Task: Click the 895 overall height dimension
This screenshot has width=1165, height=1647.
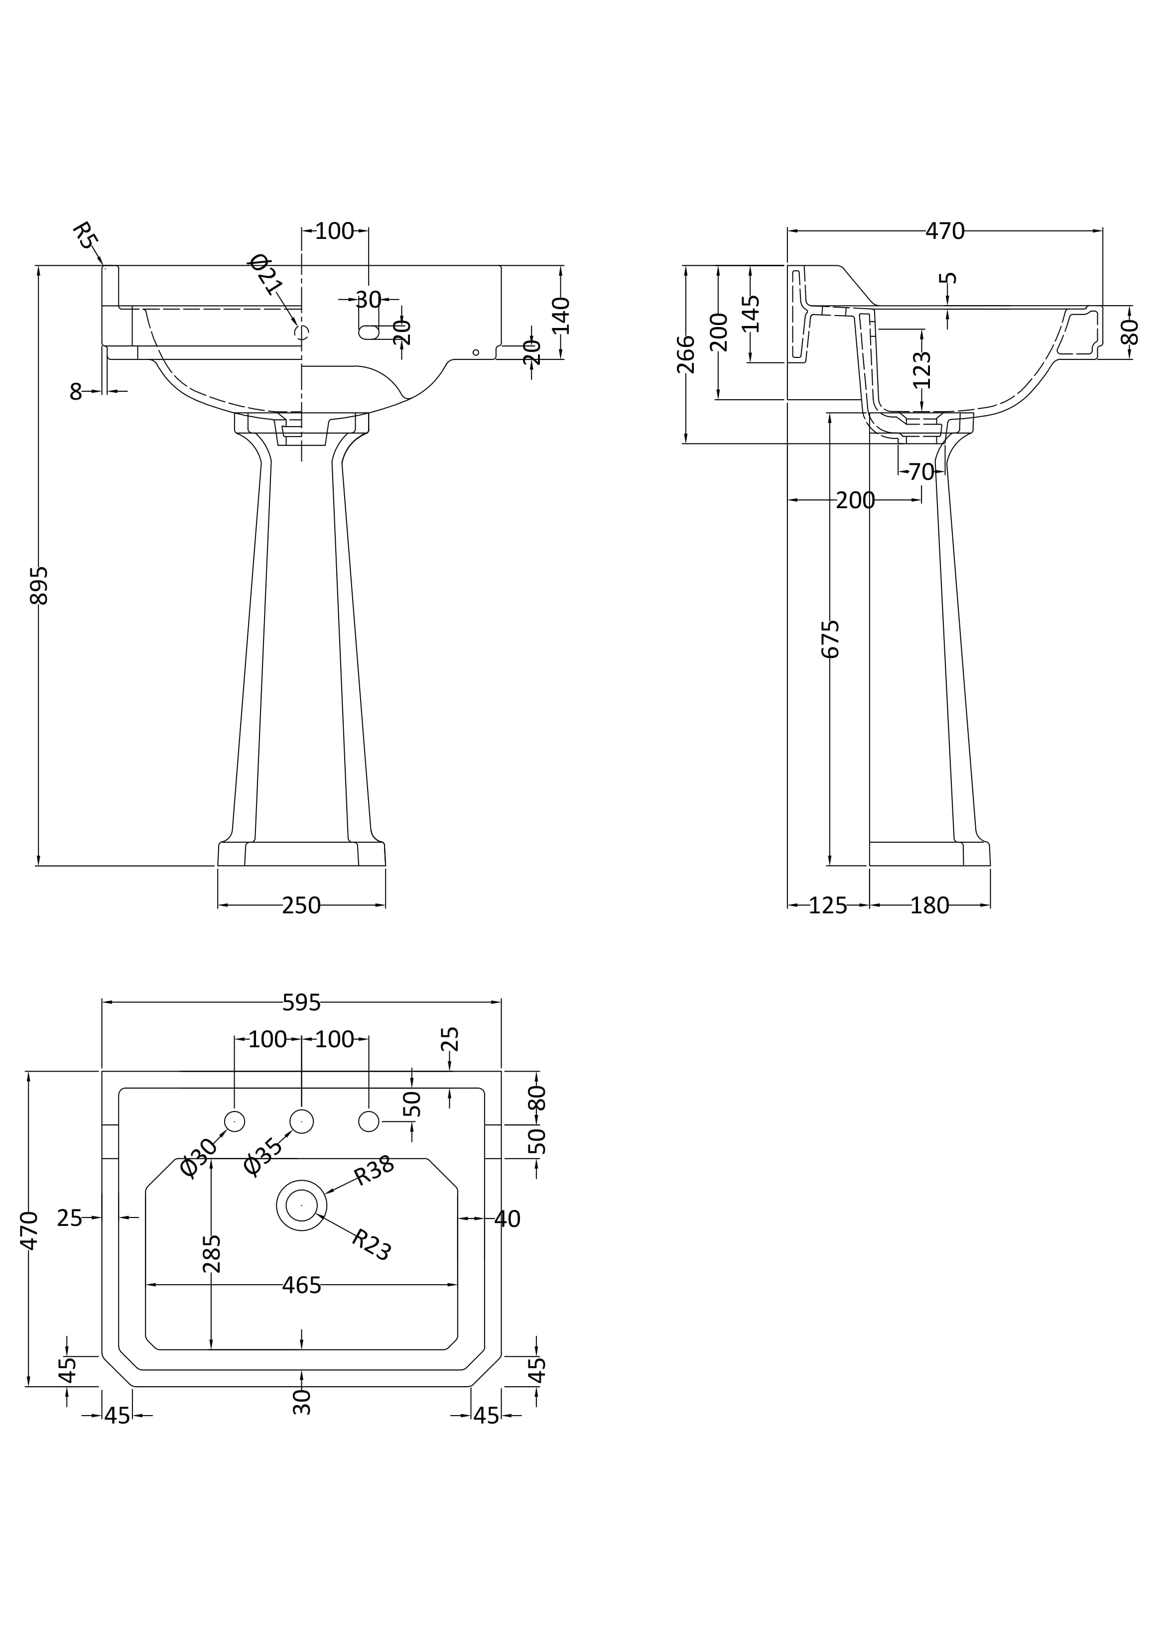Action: [x=39, y=585]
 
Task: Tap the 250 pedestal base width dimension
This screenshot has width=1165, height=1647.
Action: [x=301, y=906]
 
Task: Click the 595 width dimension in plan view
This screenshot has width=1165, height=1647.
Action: [x=301, y=1003]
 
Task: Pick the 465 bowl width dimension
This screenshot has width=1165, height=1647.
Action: [x=301, y=1286]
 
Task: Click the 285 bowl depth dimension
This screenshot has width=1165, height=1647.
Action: [x=212, y=1253]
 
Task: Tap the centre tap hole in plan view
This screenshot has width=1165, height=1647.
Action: [x=301, y=1121]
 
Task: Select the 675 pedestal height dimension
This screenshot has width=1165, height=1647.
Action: [x=830, y=639]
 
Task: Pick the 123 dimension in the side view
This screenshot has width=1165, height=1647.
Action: [x=922, y=369]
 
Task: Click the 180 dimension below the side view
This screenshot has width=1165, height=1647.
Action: [x=929, y=906]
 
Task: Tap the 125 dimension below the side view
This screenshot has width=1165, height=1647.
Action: [x=828, y=906]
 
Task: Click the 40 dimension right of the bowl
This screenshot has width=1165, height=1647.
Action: [x=508, y=1219]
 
